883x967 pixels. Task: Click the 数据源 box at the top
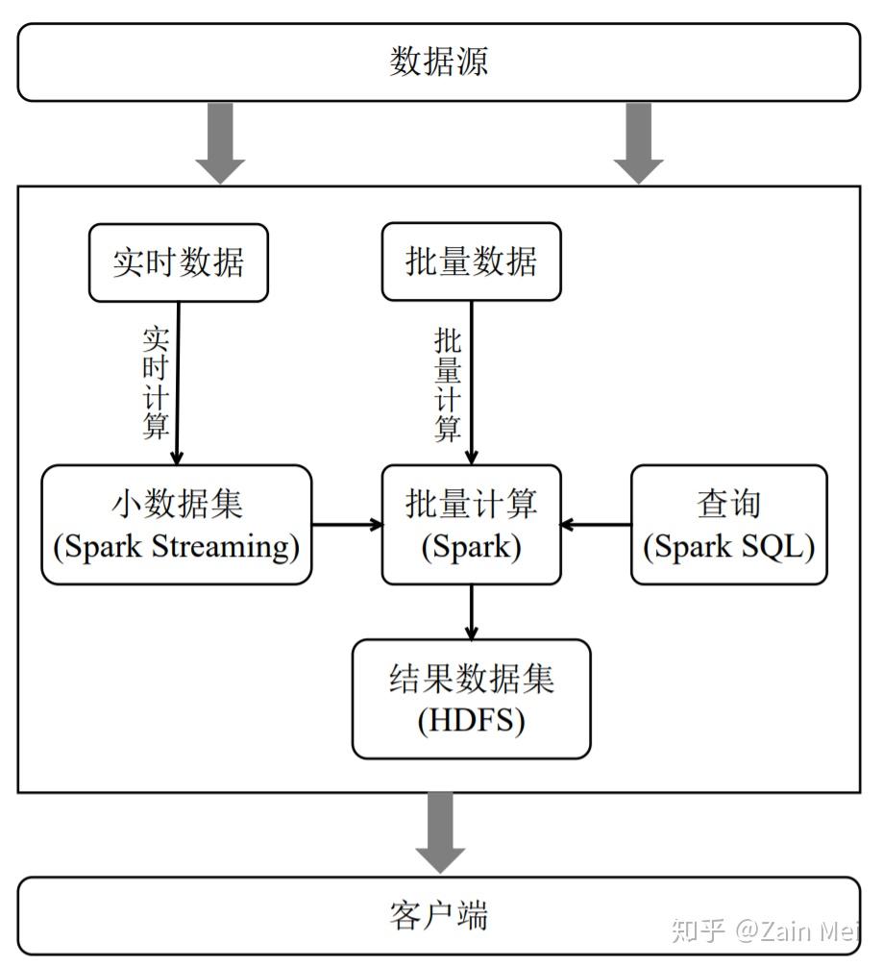click(439, 62)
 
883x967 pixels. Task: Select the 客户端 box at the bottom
click(439, 914)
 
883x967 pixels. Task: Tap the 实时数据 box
click(179, 262)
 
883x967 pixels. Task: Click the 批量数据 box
click(471, 262)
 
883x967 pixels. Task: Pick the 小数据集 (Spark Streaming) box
click(177, 525)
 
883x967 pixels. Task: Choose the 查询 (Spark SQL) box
click(728, 525)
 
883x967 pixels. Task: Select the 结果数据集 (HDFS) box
click(471, 699)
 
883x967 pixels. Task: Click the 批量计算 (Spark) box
click(471, 525)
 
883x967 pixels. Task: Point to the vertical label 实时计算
click(156, 383)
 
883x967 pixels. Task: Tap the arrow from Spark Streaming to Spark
click(347, 525)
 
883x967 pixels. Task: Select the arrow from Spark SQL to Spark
click(596, 525)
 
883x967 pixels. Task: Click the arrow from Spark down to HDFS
click(471, 612)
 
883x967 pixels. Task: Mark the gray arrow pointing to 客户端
click(440, 831)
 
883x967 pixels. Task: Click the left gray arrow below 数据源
click(220, 142)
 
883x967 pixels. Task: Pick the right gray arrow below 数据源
click(638, 142)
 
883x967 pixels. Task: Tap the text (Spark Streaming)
click(177, 547)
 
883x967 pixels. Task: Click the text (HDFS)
click(471, 721)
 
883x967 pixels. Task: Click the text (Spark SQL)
click(728, 547)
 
